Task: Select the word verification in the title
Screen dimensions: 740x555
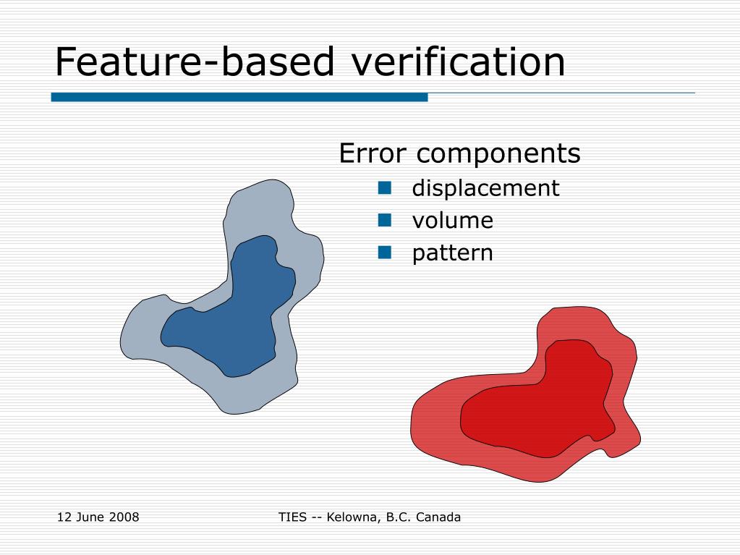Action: click(x=457, y=62)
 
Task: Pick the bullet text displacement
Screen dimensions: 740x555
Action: click(x=485, y=188)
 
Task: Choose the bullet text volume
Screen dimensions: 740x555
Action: click(x=453, y=220)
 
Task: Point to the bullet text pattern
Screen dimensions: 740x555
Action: click(x=453, y=253)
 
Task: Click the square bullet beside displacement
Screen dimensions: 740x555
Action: click(x=385, y=188)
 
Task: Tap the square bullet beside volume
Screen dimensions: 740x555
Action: click(x=385, y=220)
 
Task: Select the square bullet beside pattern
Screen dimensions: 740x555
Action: click(x=385, y=253)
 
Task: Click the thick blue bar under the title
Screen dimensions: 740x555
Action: click(x=239, y=97)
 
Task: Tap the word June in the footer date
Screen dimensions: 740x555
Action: click(x=89, y=517)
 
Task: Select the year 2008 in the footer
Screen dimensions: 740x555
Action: click(x=124, y=517)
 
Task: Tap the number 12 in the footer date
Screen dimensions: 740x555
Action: click(x=63, y=517)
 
